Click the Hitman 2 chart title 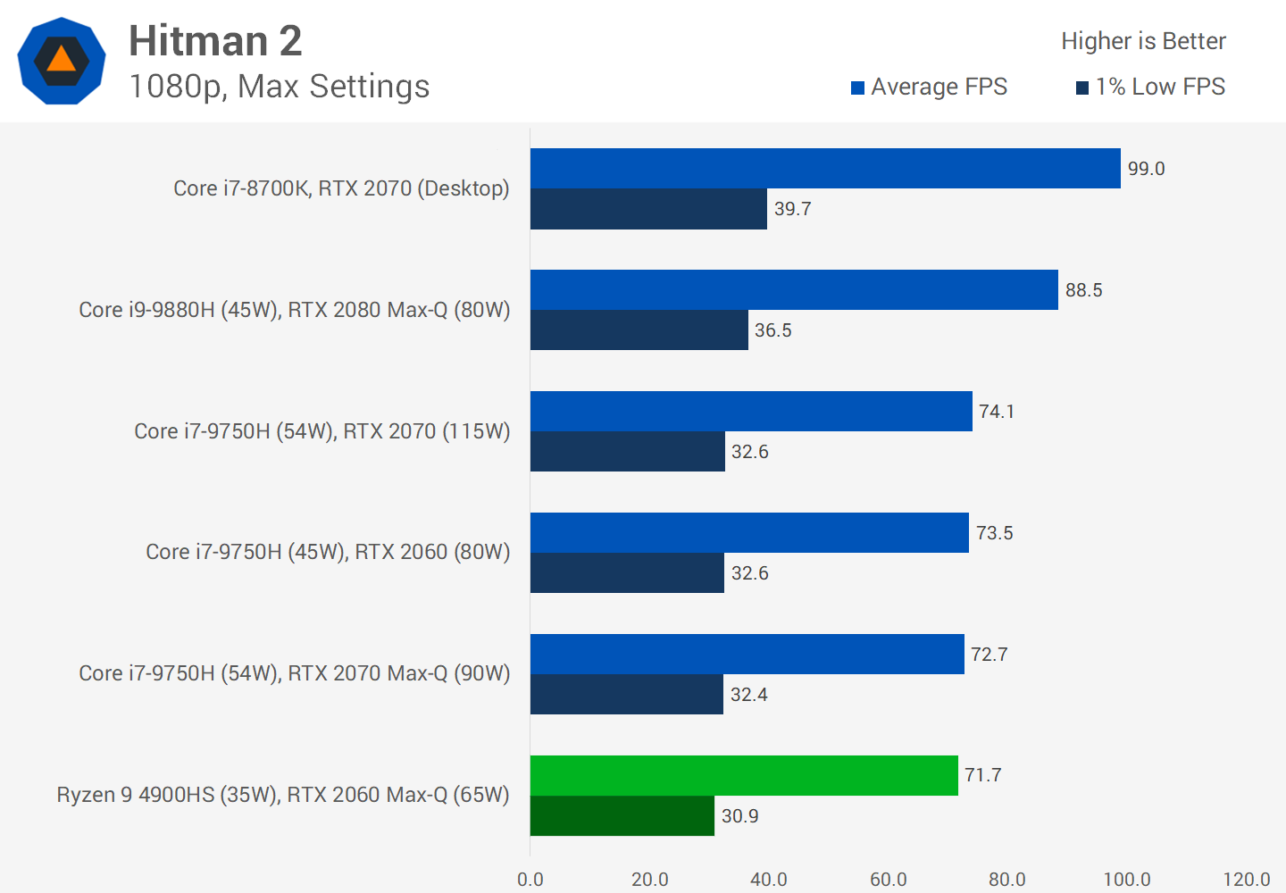tap(215, 41)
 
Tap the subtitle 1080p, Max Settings tap(279, 87)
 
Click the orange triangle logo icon tap(62, 61)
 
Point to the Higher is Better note tap(1143, 41)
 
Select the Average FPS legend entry tap(929, 87)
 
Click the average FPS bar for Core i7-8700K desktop tap(825, 168)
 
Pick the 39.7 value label tap(793, 209)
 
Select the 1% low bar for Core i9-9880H tap(639, 330)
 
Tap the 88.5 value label tap(1084, 290)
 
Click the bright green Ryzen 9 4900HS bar tap(744, 775)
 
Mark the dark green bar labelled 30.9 tap(622, 816)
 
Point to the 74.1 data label tap(997, 412)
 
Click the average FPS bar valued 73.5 tap(749, 532)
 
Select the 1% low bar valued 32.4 tap(627, 695)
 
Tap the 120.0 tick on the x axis tap(1247, 880)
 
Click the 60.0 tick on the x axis tap(889, 880)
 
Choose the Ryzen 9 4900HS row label tap(283, 795)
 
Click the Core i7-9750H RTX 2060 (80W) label tap(328, 552)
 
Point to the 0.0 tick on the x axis tap(530, 880)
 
